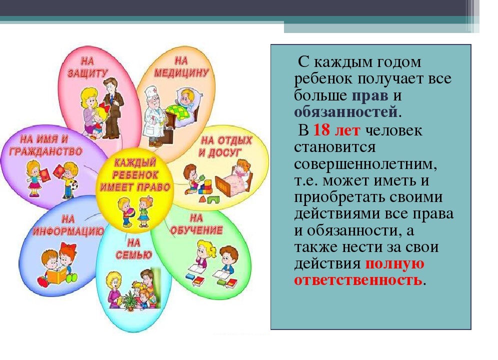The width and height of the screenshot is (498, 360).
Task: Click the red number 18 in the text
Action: tap(321, 130)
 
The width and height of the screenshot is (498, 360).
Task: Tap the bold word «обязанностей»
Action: tap(346, 112)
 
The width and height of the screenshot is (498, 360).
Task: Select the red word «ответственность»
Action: tap(358, 280)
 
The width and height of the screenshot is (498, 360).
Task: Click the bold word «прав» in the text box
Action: tap(370, 95)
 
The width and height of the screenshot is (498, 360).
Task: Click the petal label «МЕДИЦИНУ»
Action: tap(181, 73)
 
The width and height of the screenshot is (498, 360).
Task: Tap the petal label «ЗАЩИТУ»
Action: tap(87, 73)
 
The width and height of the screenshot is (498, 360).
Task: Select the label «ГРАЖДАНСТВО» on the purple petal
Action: tap(45, 151)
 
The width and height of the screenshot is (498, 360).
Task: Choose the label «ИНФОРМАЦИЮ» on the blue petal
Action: tap(68, 231)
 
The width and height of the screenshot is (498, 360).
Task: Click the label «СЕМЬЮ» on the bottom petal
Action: tap(133, 255)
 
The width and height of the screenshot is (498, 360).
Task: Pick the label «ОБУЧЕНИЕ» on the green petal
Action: tap(196, 230)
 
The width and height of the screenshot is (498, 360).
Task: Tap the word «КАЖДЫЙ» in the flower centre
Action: tap(135, 163)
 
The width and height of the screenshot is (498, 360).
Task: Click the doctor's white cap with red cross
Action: tap(152, 92)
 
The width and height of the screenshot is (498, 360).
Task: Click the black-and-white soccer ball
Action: tap(75, 185)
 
